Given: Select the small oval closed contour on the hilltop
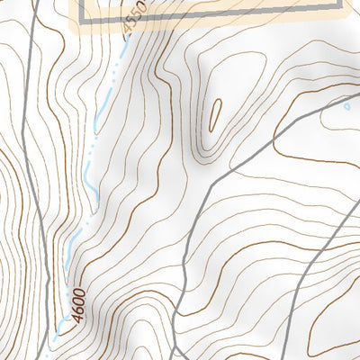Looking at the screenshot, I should pyautogui.click(x=216, y=115).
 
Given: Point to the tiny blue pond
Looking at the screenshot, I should pyautogui.click(x=348, y=106).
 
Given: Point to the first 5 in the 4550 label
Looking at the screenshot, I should pyautogui.click(x=131, y=27).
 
